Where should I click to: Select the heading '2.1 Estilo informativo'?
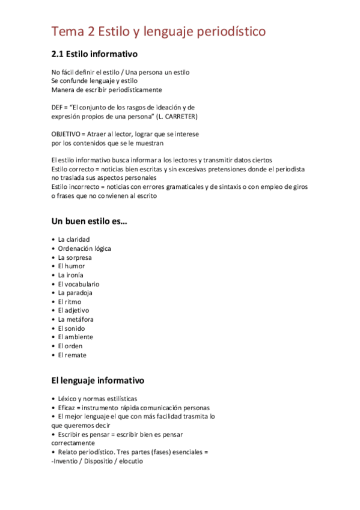pos(94,54)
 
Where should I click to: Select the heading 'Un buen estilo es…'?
pos(90,221)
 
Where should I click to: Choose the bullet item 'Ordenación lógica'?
pos(85,248)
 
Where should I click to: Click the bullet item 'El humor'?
pos(72,266)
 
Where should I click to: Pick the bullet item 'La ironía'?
pos(71,275)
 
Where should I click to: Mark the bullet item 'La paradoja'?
pos(75,293)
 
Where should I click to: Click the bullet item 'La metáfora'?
pos(76,319)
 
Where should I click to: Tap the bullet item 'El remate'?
pos(72,355)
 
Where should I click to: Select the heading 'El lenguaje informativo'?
pos(98,381)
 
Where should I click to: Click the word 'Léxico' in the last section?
pos(68,399)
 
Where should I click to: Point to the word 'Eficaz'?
pos(67,407)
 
